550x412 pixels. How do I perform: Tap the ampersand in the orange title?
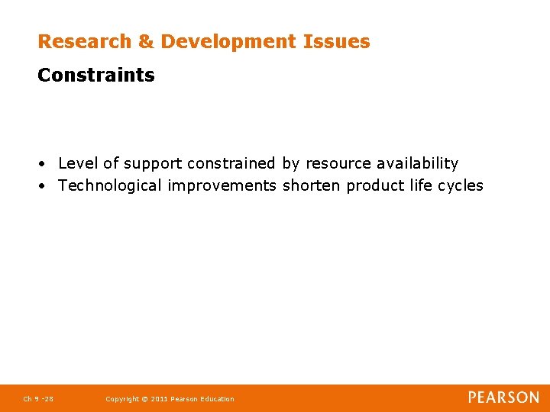click(145, 42)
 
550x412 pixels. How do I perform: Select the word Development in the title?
click(227, 42)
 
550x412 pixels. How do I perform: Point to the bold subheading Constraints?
click(96, 76)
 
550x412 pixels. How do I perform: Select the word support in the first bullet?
click(153, 163)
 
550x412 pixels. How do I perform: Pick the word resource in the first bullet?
click(338, 163)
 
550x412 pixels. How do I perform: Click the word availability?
click(417, 163)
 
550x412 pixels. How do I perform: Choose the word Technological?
click(110, 185)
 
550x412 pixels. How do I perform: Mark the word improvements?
click(222, 185)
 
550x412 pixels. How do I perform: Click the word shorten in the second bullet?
click(312, 185)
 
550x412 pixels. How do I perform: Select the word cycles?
click(459, 185)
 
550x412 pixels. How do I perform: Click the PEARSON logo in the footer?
click(503, 398)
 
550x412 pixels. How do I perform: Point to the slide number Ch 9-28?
click(38, 399)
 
